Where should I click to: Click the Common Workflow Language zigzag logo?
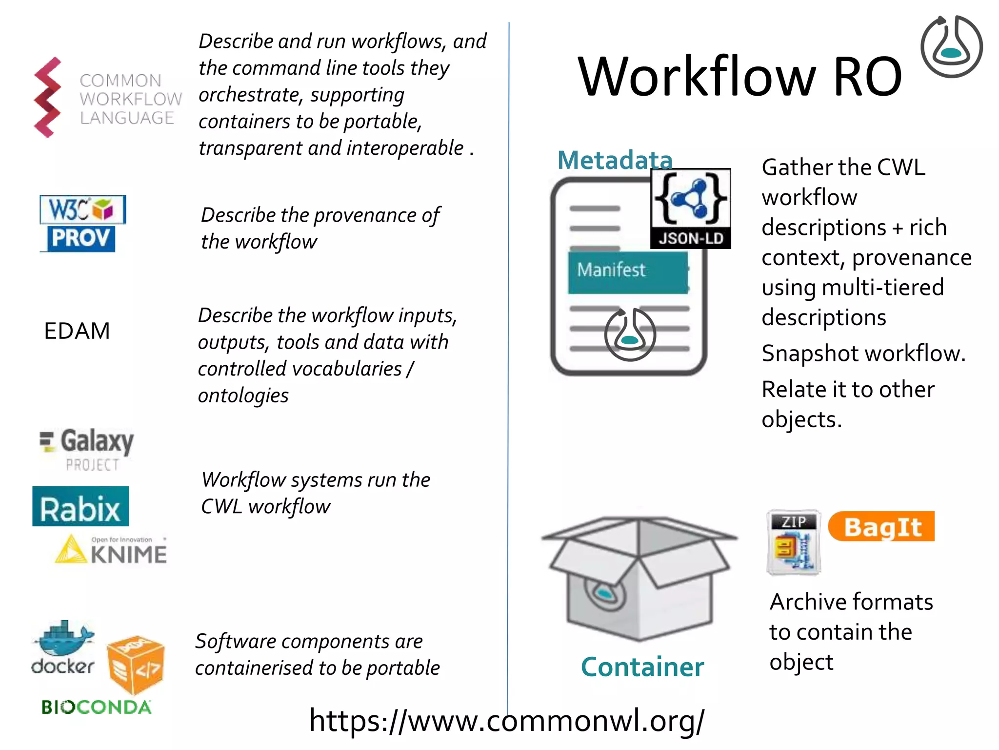coord(48,98)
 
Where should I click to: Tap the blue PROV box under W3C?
coord(81,238)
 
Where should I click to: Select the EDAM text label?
coord(77,331)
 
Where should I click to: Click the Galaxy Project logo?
coord(87,448)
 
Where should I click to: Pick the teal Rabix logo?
coord(80,506)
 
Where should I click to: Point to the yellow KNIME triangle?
coord(71,550)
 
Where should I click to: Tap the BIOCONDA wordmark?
coord(96,707)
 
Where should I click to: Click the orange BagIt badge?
coord(881,526)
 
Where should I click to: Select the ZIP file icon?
coord(793,542)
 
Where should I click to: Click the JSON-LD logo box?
coord(690,208)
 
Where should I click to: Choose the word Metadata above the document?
coord(615,160)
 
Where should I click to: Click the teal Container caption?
coord(642,667)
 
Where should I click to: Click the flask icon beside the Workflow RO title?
coord(951,47)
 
